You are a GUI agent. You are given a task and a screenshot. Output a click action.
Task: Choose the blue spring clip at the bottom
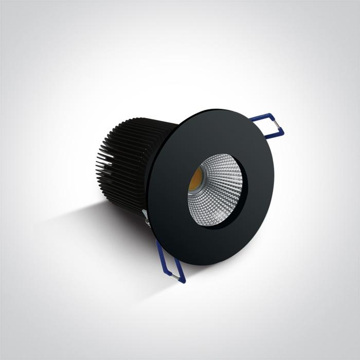tap(170, 262)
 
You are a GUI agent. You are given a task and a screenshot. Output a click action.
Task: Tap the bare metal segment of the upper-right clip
tap(279, 128)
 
